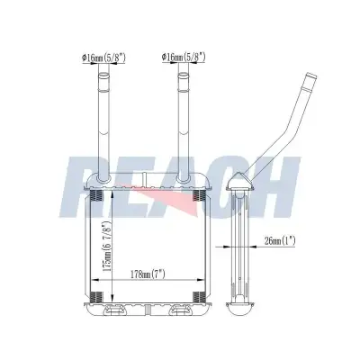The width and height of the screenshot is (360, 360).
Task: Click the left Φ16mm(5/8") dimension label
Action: tap(103, 58)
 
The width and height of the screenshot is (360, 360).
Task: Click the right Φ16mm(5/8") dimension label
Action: tap(184, 57)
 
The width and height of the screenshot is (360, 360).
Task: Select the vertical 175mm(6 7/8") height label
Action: tap(107, 247)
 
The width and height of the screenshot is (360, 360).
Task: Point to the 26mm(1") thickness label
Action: tap(280, 240)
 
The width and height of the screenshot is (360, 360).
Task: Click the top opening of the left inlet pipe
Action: tap(103, 75)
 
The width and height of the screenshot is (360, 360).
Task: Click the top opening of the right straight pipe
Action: tap(184, 75)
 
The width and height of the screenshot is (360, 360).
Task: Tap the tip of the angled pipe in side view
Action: tap(311, 75)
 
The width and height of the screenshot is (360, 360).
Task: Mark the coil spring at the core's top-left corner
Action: tap(96, 195)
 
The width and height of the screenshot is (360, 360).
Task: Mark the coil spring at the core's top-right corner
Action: tap(198, 195)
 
